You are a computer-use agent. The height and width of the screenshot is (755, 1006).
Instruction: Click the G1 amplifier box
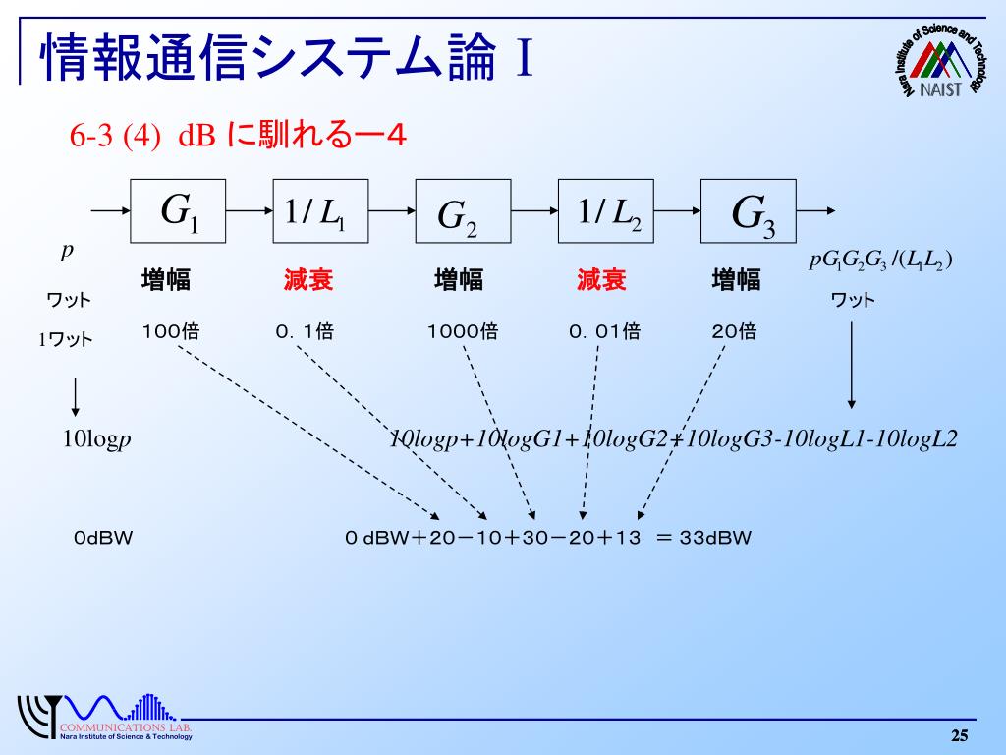click(x=178, y=210)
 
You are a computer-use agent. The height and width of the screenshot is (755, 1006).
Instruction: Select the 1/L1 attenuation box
click(x=319, y=210)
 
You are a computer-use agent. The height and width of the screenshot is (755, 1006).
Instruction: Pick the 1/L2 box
click(x=605, y=210)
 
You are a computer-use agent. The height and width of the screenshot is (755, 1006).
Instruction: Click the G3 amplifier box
click(x=748, y=210)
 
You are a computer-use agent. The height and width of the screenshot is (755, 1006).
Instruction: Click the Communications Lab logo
click(x=103, y=718)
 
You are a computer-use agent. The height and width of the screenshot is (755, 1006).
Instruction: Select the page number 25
click(x=959, y=736)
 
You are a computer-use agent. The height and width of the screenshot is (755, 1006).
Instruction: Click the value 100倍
click(x=170, y=332)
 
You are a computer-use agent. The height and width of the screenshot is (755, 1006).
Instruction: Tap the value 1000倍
click(x=462, y=332)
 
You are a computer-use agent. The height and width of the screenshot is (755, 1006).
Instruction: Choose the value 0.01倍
click(x=604, y=332)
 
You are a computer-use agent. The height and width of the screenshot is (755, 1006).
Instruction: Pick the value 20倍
click(x=734, y=332)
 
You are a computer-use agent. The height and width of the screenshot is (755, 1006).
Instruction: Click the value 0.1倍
click(x=305, y=332)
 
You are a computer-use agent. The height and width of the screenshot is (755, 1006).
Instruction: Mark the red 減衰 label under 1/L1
click(x=308, y=281)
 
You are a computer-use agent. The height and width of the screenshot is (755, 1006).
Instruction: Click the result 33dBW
click(x=714, y=538)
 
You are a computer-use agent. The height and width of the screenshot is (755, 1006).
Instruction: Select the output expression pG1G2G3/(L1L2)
click(x=881, y=261)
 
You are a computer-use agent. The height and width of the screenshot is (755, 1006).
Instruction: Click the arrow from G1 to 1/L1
click(x=250, y=210)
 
